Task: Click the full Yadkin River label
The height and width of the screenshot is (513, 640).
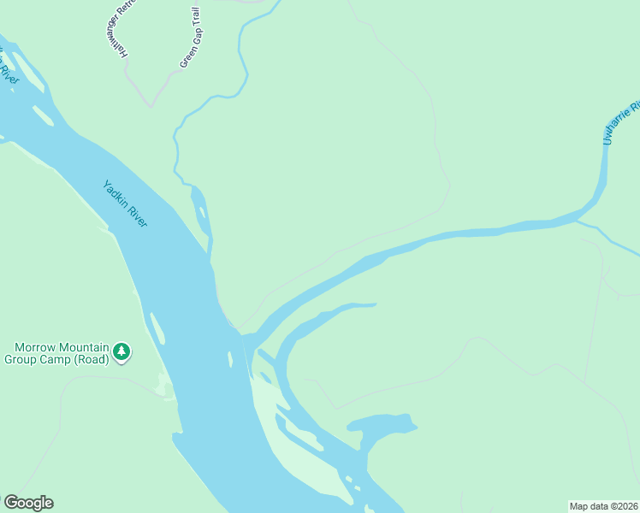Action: point(125,203)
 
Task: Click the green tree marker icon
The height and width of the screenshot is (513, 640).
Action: point(122,351)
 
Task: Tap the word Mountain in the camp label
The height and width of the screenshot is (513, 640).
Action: point(84,347)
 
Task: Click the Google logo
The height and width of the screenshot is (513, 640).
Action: point(28,503)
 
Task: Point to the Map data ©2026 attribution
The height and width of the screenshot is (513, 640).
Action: point(603,506)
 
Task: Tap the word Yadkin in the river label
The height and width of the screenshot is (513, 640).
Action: point(116,192)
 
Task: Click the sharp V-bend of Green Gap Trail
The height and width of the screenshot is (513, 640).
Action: point(151,106)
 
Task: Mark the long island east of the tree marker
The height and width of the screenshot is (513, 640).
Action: point(157,329)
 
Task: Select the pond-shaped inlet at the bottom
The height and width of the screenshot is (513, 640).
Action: point(385,425)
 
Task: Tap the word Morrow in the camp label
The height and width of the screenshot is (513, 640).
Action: point(37,347)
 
